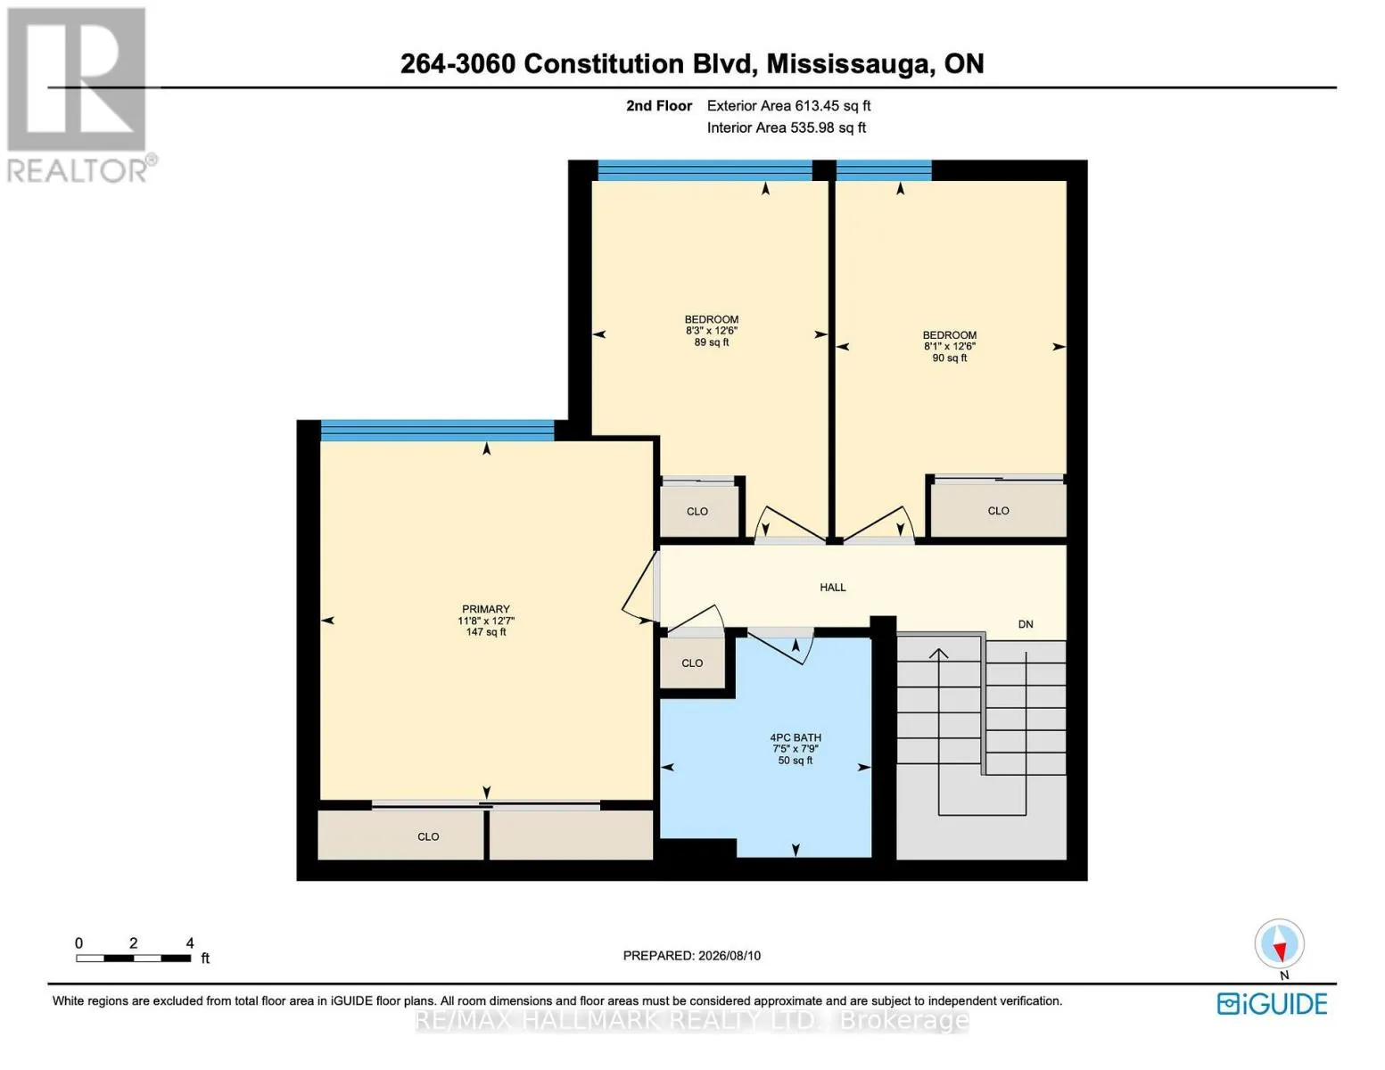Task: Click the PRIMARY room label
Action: (x=486, y=609)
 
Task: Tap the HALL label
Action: (x=832, y=588)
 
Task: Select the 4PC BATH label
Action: (x=796, y=738)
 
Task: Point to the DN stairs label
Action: (x=1026, y=624)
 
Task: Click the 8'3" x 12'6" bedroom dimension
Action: (x=712, y=331)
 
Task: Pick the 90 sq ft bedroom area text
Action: (x=950, y=358)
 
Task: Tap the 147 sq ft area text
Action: (x=486, y=632)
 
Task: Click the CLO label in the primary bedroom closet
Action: (x=428, y=836)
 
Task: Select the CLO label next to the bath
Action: (x=692, y=663)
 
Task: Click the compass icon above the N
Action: (x=1279, y=943)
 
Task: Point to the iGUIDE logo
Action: (x=1272, y=1004)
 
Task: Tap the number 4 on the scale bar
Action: (x=190, y=942)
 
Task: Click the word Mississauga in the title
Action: (x=847, y=64)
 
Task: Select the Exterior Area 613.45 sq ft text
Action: (x=788, y=106)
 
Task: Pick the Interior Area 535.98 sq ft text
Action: (x=787, y=128)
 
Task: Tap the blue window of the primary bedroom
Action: (x=437, y=430)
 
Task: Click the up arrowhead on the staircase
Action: (x=938, y=654)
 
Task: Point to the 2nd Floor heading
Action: (x=659, y=106)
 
